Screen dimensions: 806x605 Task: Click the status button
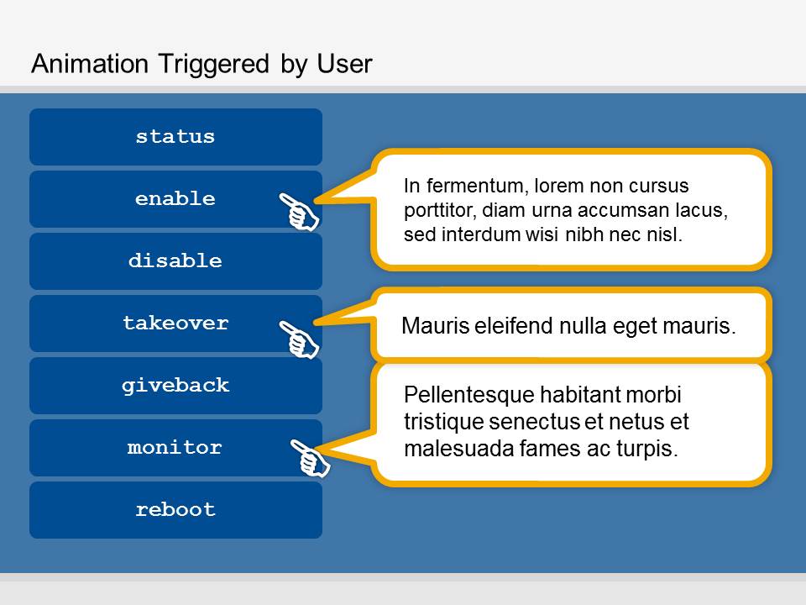[x=175, y=137]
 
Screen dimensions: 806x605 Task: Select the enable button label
[x=175, y=198]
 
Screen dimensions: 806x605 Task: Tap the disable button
[x=175, y=260]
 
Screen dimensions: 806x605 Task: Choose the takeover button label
[x=175, y=323]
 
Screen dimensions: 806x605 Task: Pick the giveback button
[x=175, y=386]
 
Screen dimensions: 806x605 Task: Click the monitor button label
[x=175, y=447]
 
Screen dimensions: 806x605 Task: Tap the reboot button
[x=175, y=510]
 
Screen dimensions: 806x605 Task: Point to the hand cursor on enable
[x=299, y=212]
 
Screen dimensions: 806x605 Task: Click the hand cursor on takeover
[x=299, y=339]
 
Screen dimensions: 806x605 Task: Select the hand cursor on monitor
[x=311, y=458]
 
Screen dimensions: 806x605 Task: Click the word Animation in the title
[x=90, y=65]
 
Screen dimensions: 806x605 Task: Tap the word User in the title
[x=344, y=65]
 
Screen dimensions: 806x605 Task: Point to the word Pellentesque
[x=472, y=395]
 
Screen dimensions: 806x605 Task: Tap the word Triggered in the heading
[x=214, y=66]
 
